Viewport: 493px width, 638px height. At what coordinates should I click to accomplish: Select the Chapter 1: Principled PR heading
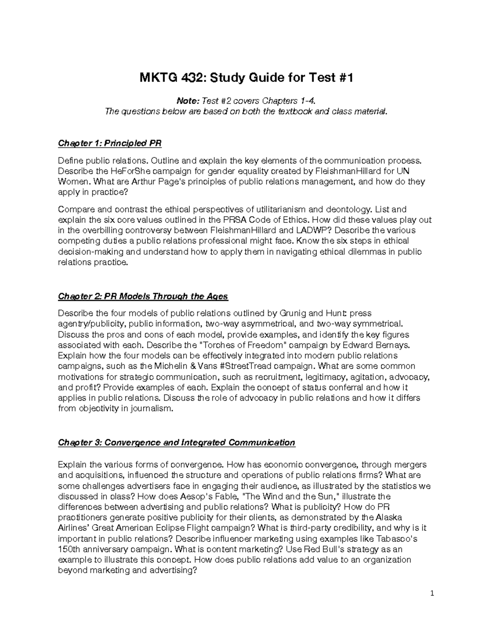pyautogui.click(x=110, y=143)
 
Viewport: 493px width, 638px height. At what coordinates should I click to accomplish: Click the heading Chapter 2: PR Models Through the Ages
pyautogui.click(x=143, y=296)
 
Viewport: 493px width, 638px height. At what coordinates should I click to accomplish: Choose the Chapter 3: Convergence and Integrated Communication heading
pyautogui.click(x=177, y=442)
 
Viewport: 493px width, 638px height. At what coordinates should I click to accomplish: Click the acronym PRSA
pyautogui.click(x=235, y=220)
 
